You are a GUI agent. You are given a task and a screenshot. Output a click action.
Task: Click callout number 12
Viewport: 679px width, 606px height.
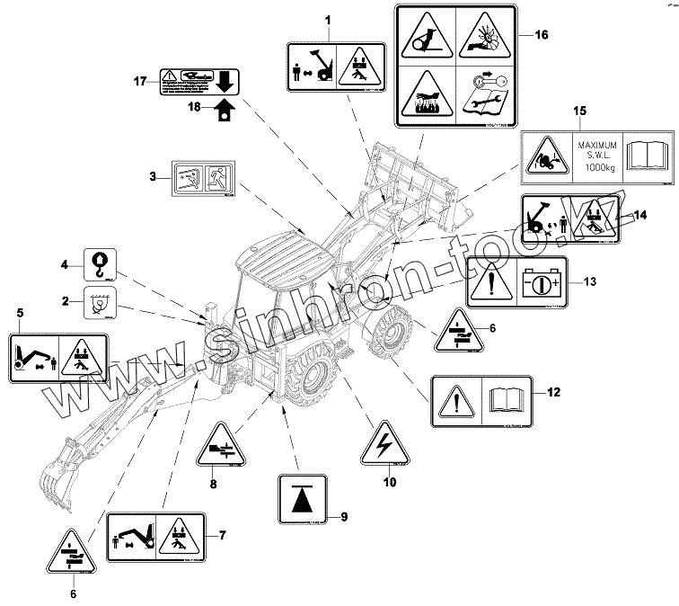554,392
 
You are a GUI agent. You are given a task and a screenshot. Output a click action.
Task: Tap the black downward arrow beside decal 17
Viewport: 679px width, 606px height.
225,83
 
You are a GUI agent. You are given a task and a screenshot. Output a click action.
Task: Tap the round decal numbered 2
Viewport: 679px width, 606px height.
97,306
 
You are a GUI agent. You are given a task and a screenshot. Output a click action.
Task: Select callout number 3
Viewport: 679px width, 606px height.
154,178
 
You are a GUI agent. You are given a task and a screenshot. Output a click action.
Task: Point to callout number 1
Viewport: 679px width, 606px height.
327,20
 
